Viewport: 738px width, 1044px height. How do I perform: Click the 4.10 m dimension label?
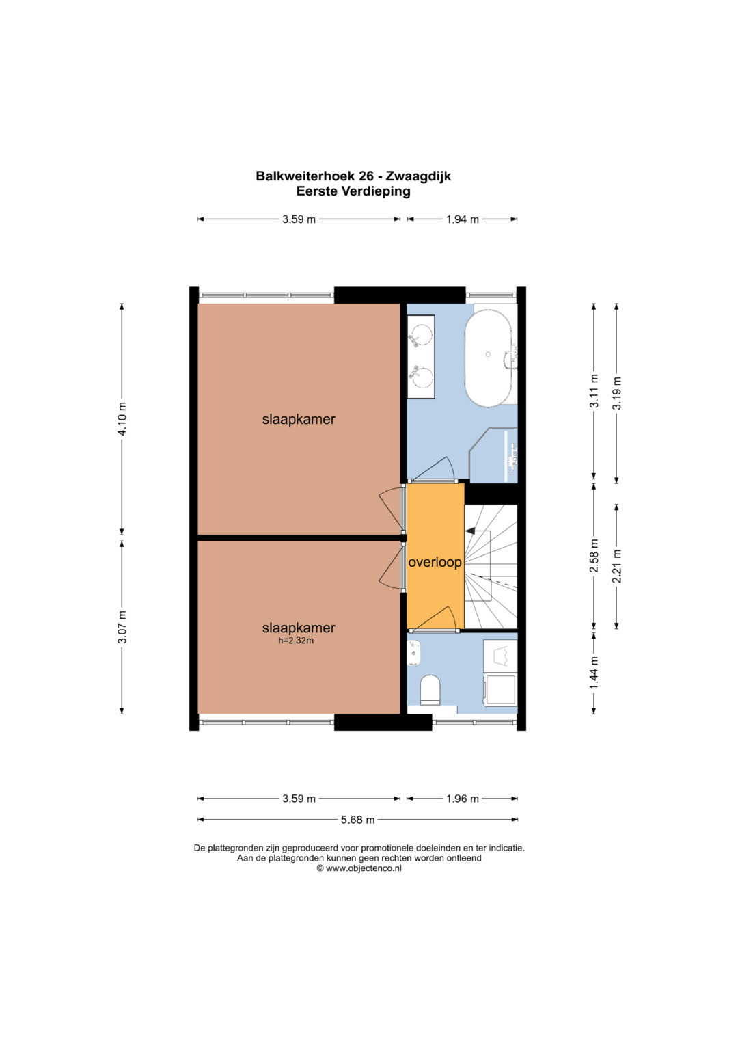click(x=122, y=418)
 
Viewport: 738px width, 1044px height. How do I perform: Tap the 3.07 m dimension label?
click(x=122, y=626)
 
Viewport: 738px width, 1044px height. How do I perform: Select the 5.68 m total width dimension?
click(x=357, y=833)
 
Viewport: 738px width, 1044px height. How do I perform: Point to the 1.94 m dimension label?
click(x=462, y=219)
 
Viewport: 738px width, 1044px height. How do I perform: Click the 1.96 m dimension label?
click(x=462, y=812)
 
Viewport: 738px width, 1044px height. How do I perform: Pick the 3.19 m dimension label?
click(x=617, y=392)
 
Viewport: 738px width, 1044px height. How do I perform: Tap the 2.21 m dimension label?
click(x=617, y=566)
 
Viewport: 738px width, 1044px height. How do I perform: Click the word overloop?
click(x=435, y=563)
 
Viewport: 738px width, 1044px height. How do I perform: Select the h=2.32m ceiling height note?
click(x=296, y=641)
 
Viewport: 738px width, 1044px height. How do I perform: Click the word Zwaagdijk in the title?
click(x=418, y=176)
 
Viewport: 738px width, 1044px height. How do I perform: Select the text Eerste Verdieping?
click(x=353, y=191)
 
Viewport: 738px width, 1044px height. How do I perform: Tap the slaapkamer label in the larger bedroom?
click(x=299, y=419)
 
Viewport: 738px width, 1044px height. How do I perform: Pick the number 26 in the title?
click(x=366, y=176)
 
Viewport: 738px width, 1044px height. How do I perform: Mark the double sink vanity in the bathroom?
click(x=421, y=357)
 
